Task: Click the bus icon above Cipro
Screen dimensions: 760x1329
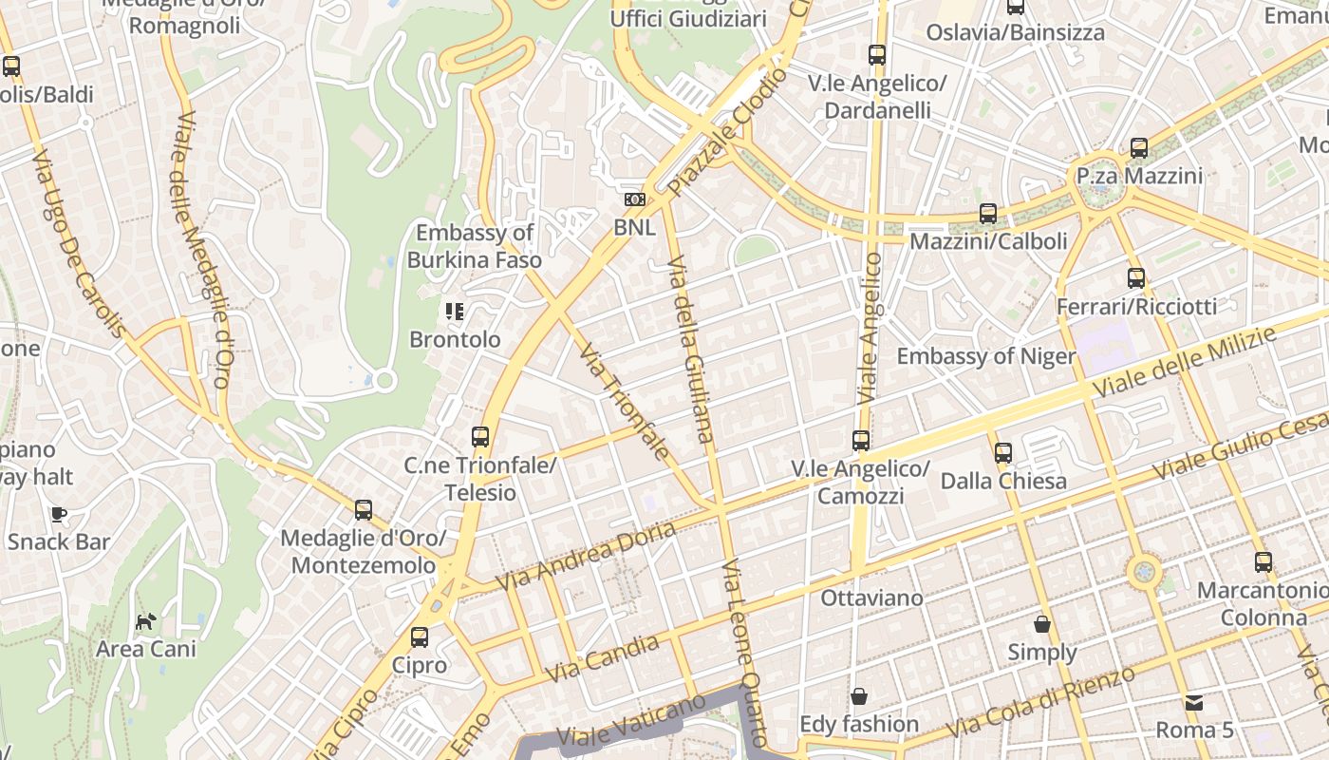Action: (x=420, y=637)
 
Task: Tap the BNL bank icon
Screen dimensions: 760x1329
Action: (x=634, y=199)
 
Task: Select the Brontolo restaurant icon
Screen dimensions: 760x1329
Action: (x=454, y=311)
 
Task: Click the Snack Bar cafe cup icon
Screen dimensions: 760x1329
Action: (x=59, y=514)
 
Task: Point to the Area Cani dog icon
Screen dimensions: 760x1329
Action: (x=145, y=622)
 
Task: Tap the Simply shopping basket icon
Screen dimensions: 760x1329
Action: (x=1042, y=624)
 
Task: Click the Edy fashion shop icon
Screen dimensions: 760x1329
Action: (x=859, y=696)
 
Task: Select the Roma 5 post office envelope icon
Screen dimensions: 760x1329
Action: (x=1194, y=703)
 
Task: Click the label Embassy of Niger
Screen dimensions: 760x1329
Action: (x=986, y=356)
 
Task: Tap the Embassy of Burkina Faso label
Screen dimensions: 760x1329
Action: (x=475, y=246)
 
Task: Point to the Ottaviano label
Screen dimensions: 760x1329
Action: (x=871, y=598)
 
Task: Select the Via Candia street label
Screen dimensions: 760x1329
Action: (x=603, y=658)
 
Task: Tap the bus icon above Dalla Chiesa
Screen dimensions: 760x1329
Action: (x=1003, y=453)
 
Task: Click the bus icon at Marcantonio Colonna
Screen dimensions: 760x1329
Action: (x=1263, y=561)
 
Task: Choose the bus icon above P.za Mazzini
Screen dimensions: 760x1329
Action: (x=1139, y=148)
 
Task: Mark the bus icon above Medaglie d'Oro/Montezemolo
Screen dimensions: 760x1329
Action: (x=363, y=510)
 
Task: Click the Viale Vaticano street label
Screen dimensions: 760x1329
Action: (x=631, y=721)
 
